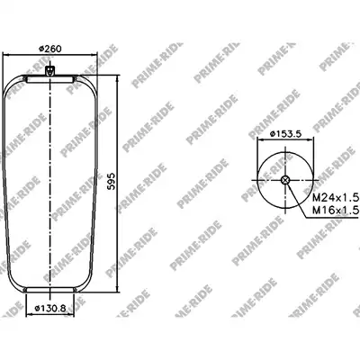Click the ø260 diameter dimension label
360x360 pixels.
pyautogui.click(x=50, y=48)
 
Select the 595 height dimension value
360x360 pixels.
pyautogui.click(x=112, y=181)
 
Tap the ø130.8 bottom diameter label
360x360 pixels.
pyautogui.click(x=49, y=308)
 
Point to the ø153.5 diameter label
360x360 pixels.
pyautogui.click(x=285, y=134)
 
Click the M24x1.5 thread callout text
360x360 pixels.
pyautogui.click(x=336, y=198)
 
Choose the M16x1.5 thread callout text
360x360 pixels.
pyautogui.click(x=336, y=210)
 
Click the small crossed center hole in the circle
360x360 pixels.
pyautogui.click(x=285, y=180)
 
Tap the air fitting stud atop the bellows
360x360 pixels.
pyautogui.click(x=49, y=71)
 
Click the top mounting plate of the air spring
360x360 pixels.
pyautogui.click(x=49, y=80)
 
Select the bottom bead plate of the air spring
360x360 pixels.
pyautogui.click(x=49, y=290)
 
